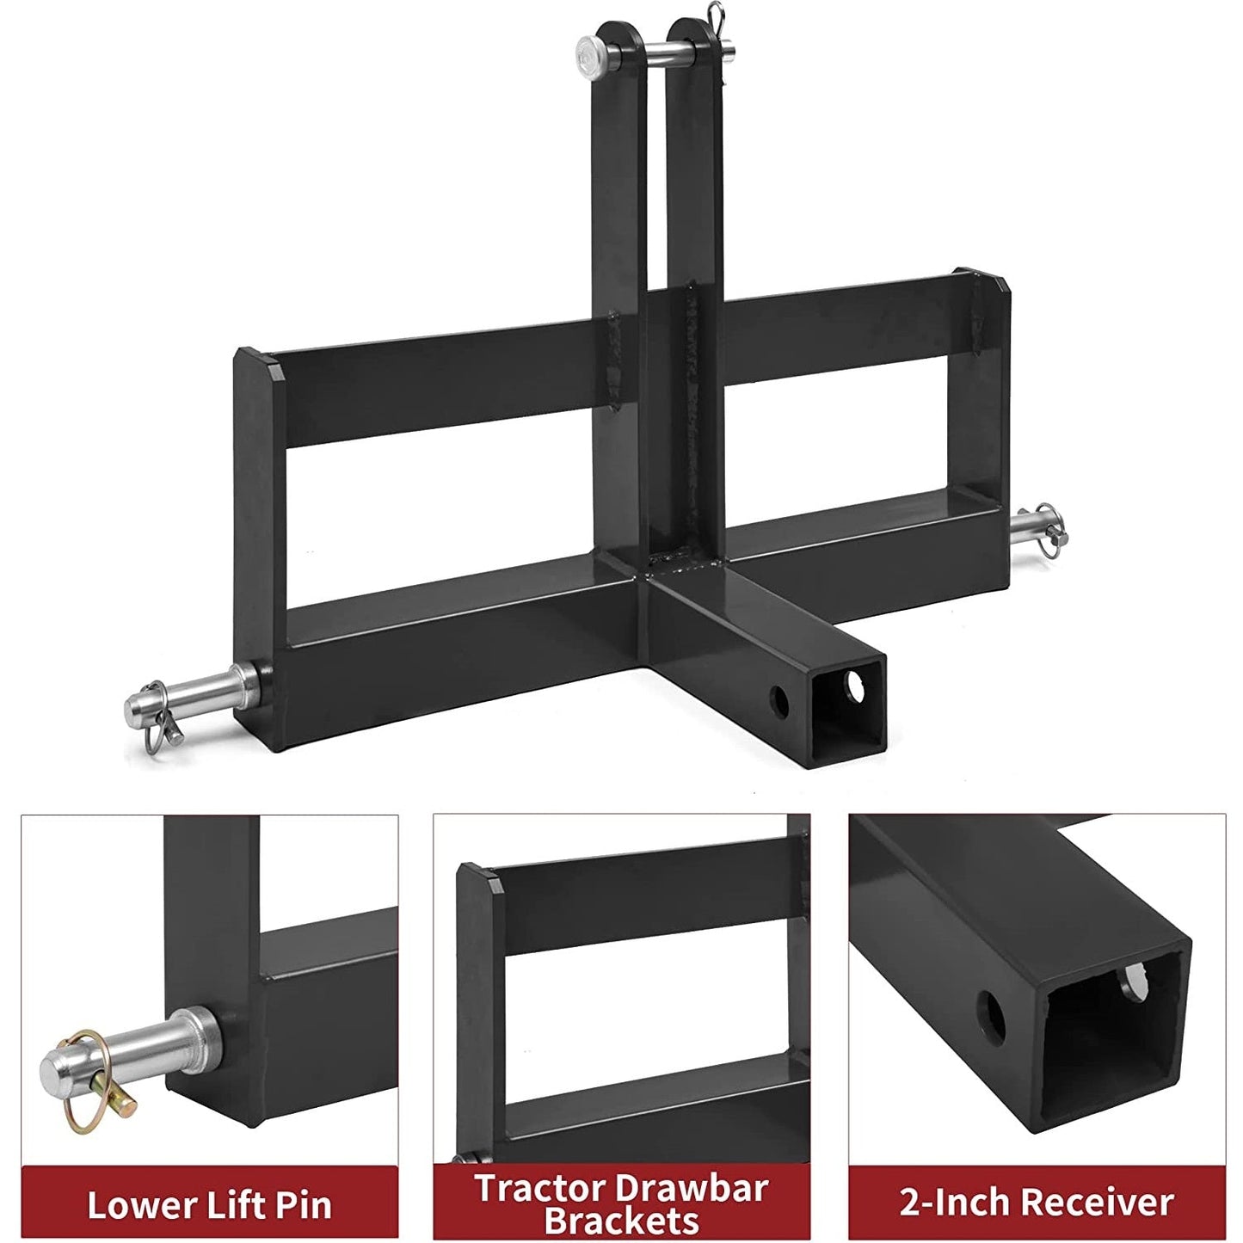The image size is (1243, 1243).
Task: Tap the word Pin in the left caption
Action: click(304, 1204)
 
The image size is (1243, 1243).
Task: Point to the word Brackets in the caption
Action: click(623, 1221)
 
